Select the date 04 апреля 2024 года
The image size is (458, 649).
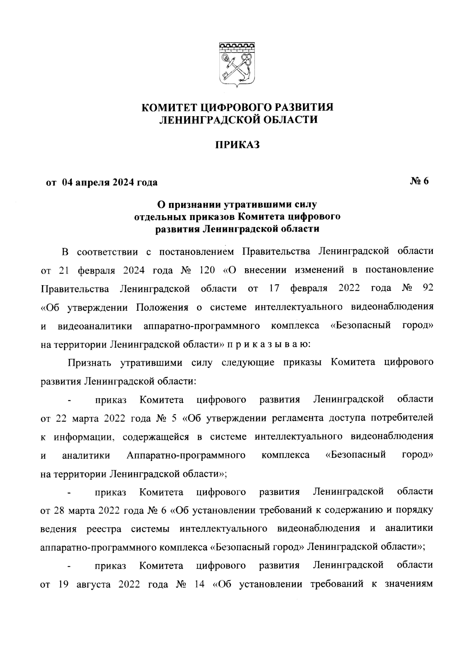(x=110, y=183)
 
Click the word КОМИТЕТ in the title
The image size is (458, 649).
(x=166, y=107)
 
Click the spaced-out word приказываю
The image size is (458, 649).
(x=269, y=344)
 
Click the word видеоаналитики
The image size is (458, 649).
(x=95, y=326)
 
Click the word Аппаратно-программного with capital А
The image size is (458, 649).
(x=186, y=455)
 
